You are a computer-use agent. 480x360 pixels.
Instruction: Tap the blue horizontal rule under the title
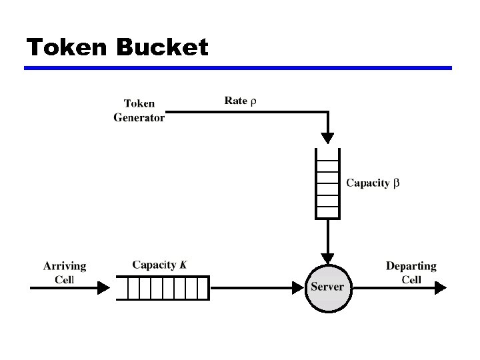pyautogui.click(x=238, y=68)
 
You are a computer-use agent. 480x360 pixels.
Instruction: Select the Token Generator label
pyautogui.click(x=139, y=111)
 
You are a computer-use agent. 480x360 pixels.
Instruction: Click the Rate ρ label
pyautogui.click(x=240, y=101)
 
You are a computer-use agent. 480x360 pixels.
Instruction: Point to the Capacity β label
pyautogui.click(x=373, y=183)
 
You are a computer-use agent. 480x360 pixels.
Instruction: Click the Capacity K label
pyautogui.click(x=159, y=265)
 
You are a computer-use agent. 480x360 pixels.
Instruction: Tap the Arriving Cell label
pyautogui.click(x=65, y=273)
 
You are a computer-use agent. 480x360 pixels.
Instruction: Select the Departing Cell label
pyautogui.click(x=411, y=273)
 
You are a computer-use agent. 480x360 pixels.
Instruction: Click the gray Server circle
pyautogui.click(x=327, y=287)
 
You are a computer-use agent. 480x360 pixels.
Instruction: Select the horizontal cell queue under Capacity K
pyautogui.click(x=161, y=288)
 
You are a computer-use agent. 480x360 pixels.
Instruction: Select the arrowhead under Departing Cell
pyautogui.click(x=439, y=288)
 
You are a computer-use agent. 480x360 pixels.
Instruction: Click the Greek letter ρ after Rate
pyautogui.click(x=253, y=101)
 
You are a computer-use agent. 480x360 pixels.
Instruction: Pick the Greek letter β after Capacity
pyautogui.click(x=396, y=183)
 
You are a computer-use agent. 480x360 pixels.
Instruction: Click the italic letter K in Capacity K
pyautogui.click(x=183, y=265)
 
